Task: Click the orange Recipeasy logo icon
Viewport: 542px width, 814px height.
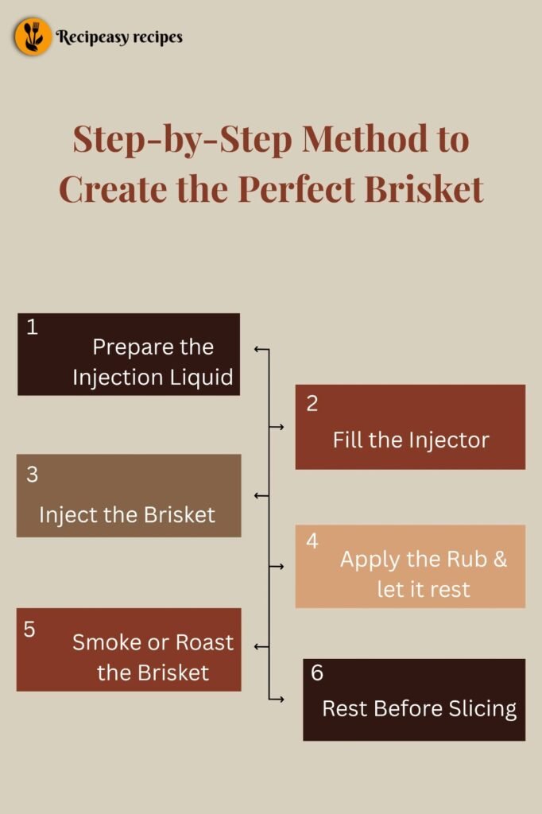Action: coord(33,37)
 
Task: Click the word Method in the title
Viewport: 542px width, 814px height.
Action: coord(365,138)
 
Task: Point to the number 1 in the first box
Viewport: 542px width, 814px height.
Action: coord(33,327)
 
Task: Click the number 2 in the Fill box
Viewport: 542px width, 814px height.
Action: coord(312,403)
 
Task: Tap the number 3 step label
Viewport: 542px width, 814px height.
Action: coord(33,475)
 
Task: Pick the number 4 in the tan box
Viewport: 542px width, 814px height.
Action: coord(312,541)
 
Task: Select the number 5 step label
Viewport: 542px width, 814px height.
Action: coord(29,630)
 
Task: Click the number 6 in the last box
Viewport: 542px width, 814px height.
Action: coord(316,673)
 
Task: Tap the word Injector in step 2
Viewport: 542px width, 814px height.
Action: coord(449,440)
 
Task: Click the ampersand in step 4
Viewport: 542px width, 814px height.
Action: coord(500,560)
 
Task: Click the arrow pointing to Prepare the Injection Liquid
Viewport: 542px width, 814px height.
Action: coord(261,349)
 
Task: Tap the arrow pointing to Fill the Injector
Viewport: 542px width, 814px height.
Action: coord(277,427)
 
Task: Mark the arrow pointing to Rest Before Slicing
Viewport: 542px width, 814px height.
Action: coord(277,699)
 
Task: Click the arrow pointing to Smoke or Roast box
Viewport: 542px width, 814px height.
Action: coord(261,647)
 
